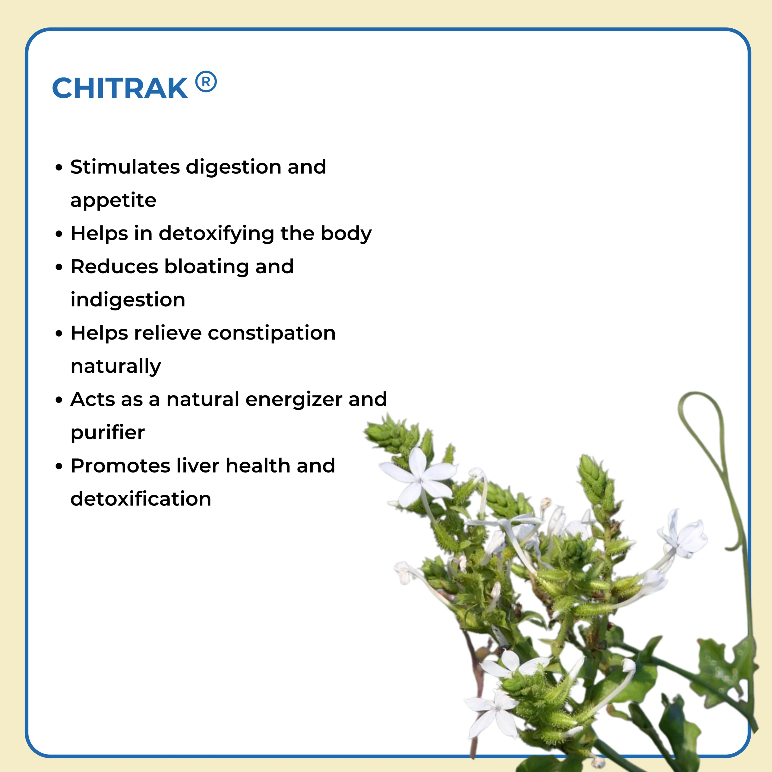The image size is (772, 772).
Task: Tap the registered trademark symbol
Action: (x=206, y=82)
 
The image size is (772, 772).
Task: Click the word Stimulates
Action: (x=125, y=167)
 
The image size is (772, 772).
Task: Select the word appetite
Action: (x=113, y=201)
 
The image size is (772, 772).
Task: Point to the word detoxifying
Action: (x=217, y=234)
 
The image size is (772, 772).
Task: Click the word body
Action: (x=346, y=234)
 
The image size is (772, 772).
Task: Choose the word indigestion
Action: (x=128, y=300)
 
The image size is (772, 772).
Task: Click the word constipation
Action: (x=272, y=333)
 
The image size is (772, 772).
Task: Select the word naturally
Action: (x=116, y=366)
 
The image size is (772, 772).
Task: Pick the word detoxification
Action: (x=141, y=499)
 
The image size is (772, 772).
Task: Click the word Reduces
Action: (x=114, y=267)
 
